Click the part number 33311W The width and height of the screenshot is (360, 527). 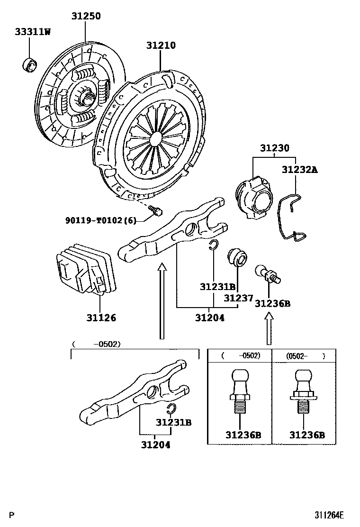pos(32,32)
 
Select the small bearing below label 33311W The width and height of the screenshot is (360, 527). pos(31,64)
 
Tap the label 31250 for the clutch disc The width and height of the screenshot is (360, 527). pos(86,16)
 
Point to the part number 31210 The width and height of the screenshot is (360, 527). pos(161,45)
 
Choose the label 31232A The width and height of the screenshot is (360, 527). pos(299,169)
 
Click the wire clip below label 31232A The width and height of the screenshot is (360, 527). pos(293,218)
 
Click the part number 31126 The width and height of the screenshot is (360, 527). pos(100,318)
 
